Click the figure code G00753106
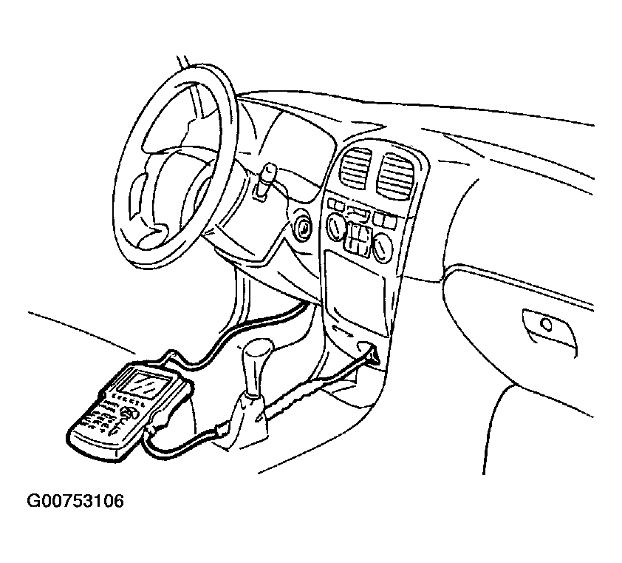[75, 501]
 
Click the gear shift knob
[258, 352]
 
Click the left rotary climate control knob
[336, 226]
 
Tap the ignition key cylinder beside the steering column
[302, 226]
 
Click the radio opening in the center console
[355, 293]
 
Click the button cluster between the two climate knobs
[358, 237]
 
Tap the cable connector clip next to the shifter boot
[221, 431]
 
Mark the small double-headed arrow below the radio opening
[342, 330]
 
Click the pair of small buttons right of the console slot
[384, 218]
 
